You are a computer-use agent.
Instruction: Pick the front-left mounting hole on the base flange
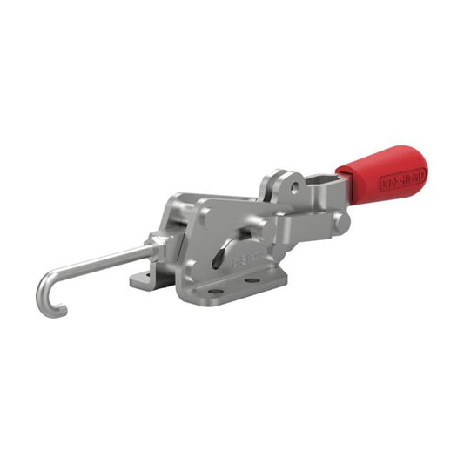(209, 291)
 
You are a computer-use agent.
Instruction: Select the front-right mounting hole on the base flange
(253, 281)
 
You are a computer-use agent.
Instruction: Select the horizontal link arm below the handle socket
(305, 228)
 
